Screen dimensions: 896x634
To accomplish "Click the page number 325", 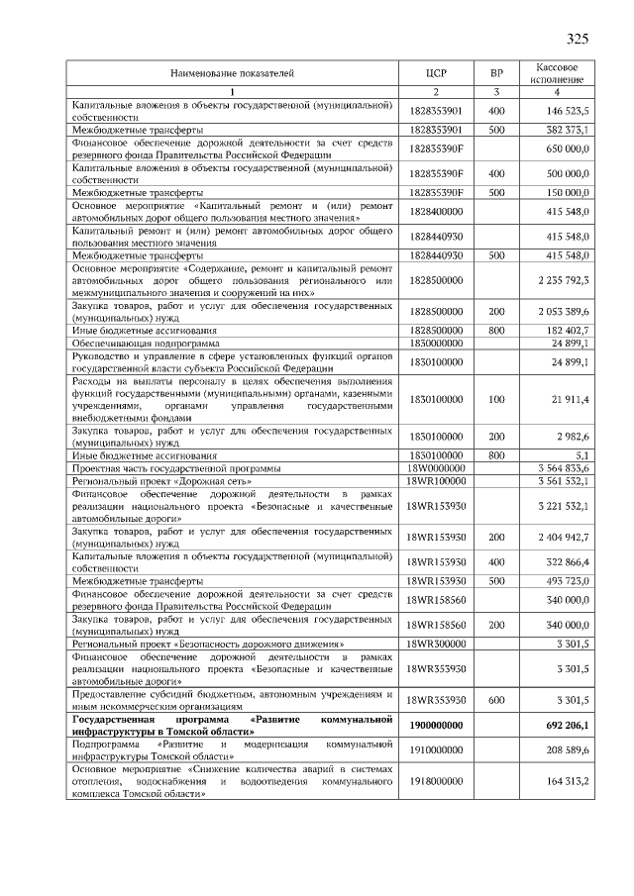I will pos(578,40).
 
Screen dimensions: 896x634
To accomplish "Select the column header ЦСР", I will pos(437,72).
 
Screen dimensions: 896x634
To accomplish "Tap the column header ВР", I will pos(496,72).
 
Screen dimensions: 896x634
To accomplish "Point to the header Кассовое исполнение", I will pos(557,72).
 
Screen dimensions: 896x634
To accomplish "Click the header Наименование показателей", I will pos(232,72).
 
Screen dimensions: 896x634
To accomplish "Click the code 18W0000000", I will pos(437,467).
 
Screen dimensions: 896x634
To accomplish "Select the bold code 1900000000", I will pos(437,725).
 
